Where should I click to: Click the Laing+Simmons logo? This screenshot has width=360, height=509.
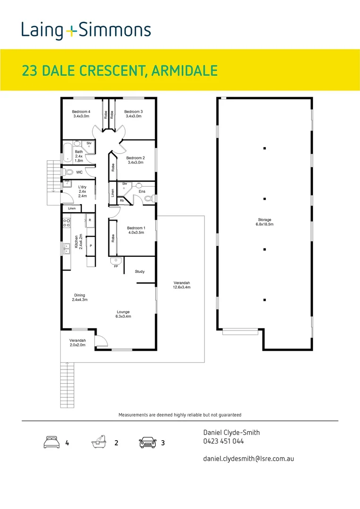pyautogui.click(x=86, y=31)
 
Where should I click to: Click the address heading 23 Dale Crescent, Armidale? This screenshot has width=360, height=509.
pyautogui.click(x=120, y=71)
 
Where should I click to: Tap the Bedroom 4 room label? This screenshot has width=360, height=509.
pyautogui.click(x=82, y=114)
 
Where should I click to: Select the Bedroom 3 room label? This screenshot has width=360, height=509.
pyautogui.click(x=133, y=114)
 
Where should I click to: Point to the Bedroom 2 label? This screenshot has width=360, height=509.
pyautogui.click(x=135, y=160)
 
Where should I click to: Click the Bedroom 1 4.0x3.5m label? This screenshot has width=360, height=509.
pyautogui.click(x=136, y=230)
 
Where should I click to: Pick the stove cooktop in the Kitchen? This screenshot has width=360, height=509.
pyautogui.click(x=67, y=223)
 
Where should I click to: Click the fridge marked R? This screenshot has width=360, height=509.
pyautogui.click(x=90, y=220)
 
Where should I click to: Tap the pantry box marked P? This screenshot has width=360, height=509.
pyautogui.click(x=90, y=246)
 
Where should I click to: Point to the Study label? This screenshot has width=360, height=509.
pyautogui.click(x=139, y=271)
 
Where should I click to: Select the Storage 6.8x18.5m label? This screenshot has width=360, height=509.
pyautogui.click(x=264, y=222)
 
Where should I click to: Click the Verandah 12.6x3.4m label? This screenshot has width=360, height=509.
pyautogui.click(x=181, y=285)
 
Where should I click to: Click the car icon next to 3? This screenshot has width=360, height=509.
pyautogui.click(x=147, y=443)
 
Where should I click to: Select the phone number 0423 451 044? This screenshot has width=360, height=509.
pyautogui.click(x=223, y=442)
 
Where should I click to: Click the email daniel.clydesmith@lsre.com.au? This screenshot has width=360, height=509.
pyautogui.click(x=248, y=458)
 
